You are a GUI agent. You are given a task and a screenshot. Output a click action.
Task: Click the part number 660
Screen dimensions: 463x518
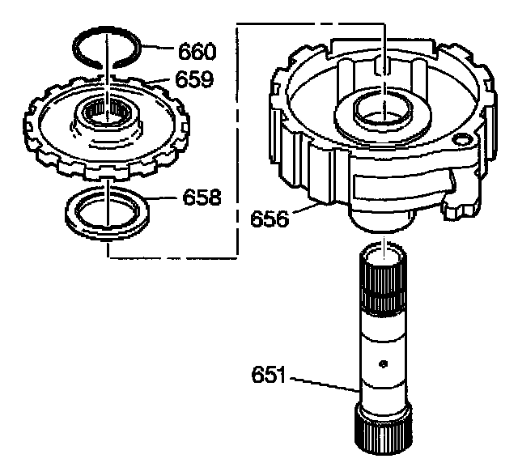[197, 53]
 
